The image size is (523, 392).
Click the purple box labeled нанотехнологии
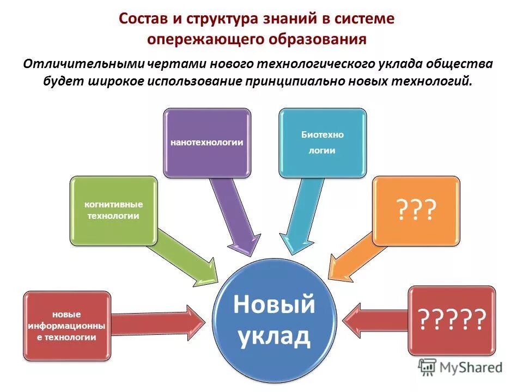click(207, 142)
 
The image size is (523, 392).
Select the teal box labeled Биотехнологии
click(323, 143)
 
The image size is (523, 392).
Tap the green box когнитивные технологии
click(113, 210)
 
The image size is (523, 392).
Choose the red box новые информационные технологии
click(67, 326)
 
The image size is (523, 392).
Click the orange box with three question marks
click(416, 210)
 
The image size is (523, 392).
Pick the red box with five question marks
click(452, 320)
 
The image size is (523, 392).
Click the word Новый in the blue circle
click(274, 304)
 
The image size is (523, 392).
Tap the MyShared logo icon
click(427, 367)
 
